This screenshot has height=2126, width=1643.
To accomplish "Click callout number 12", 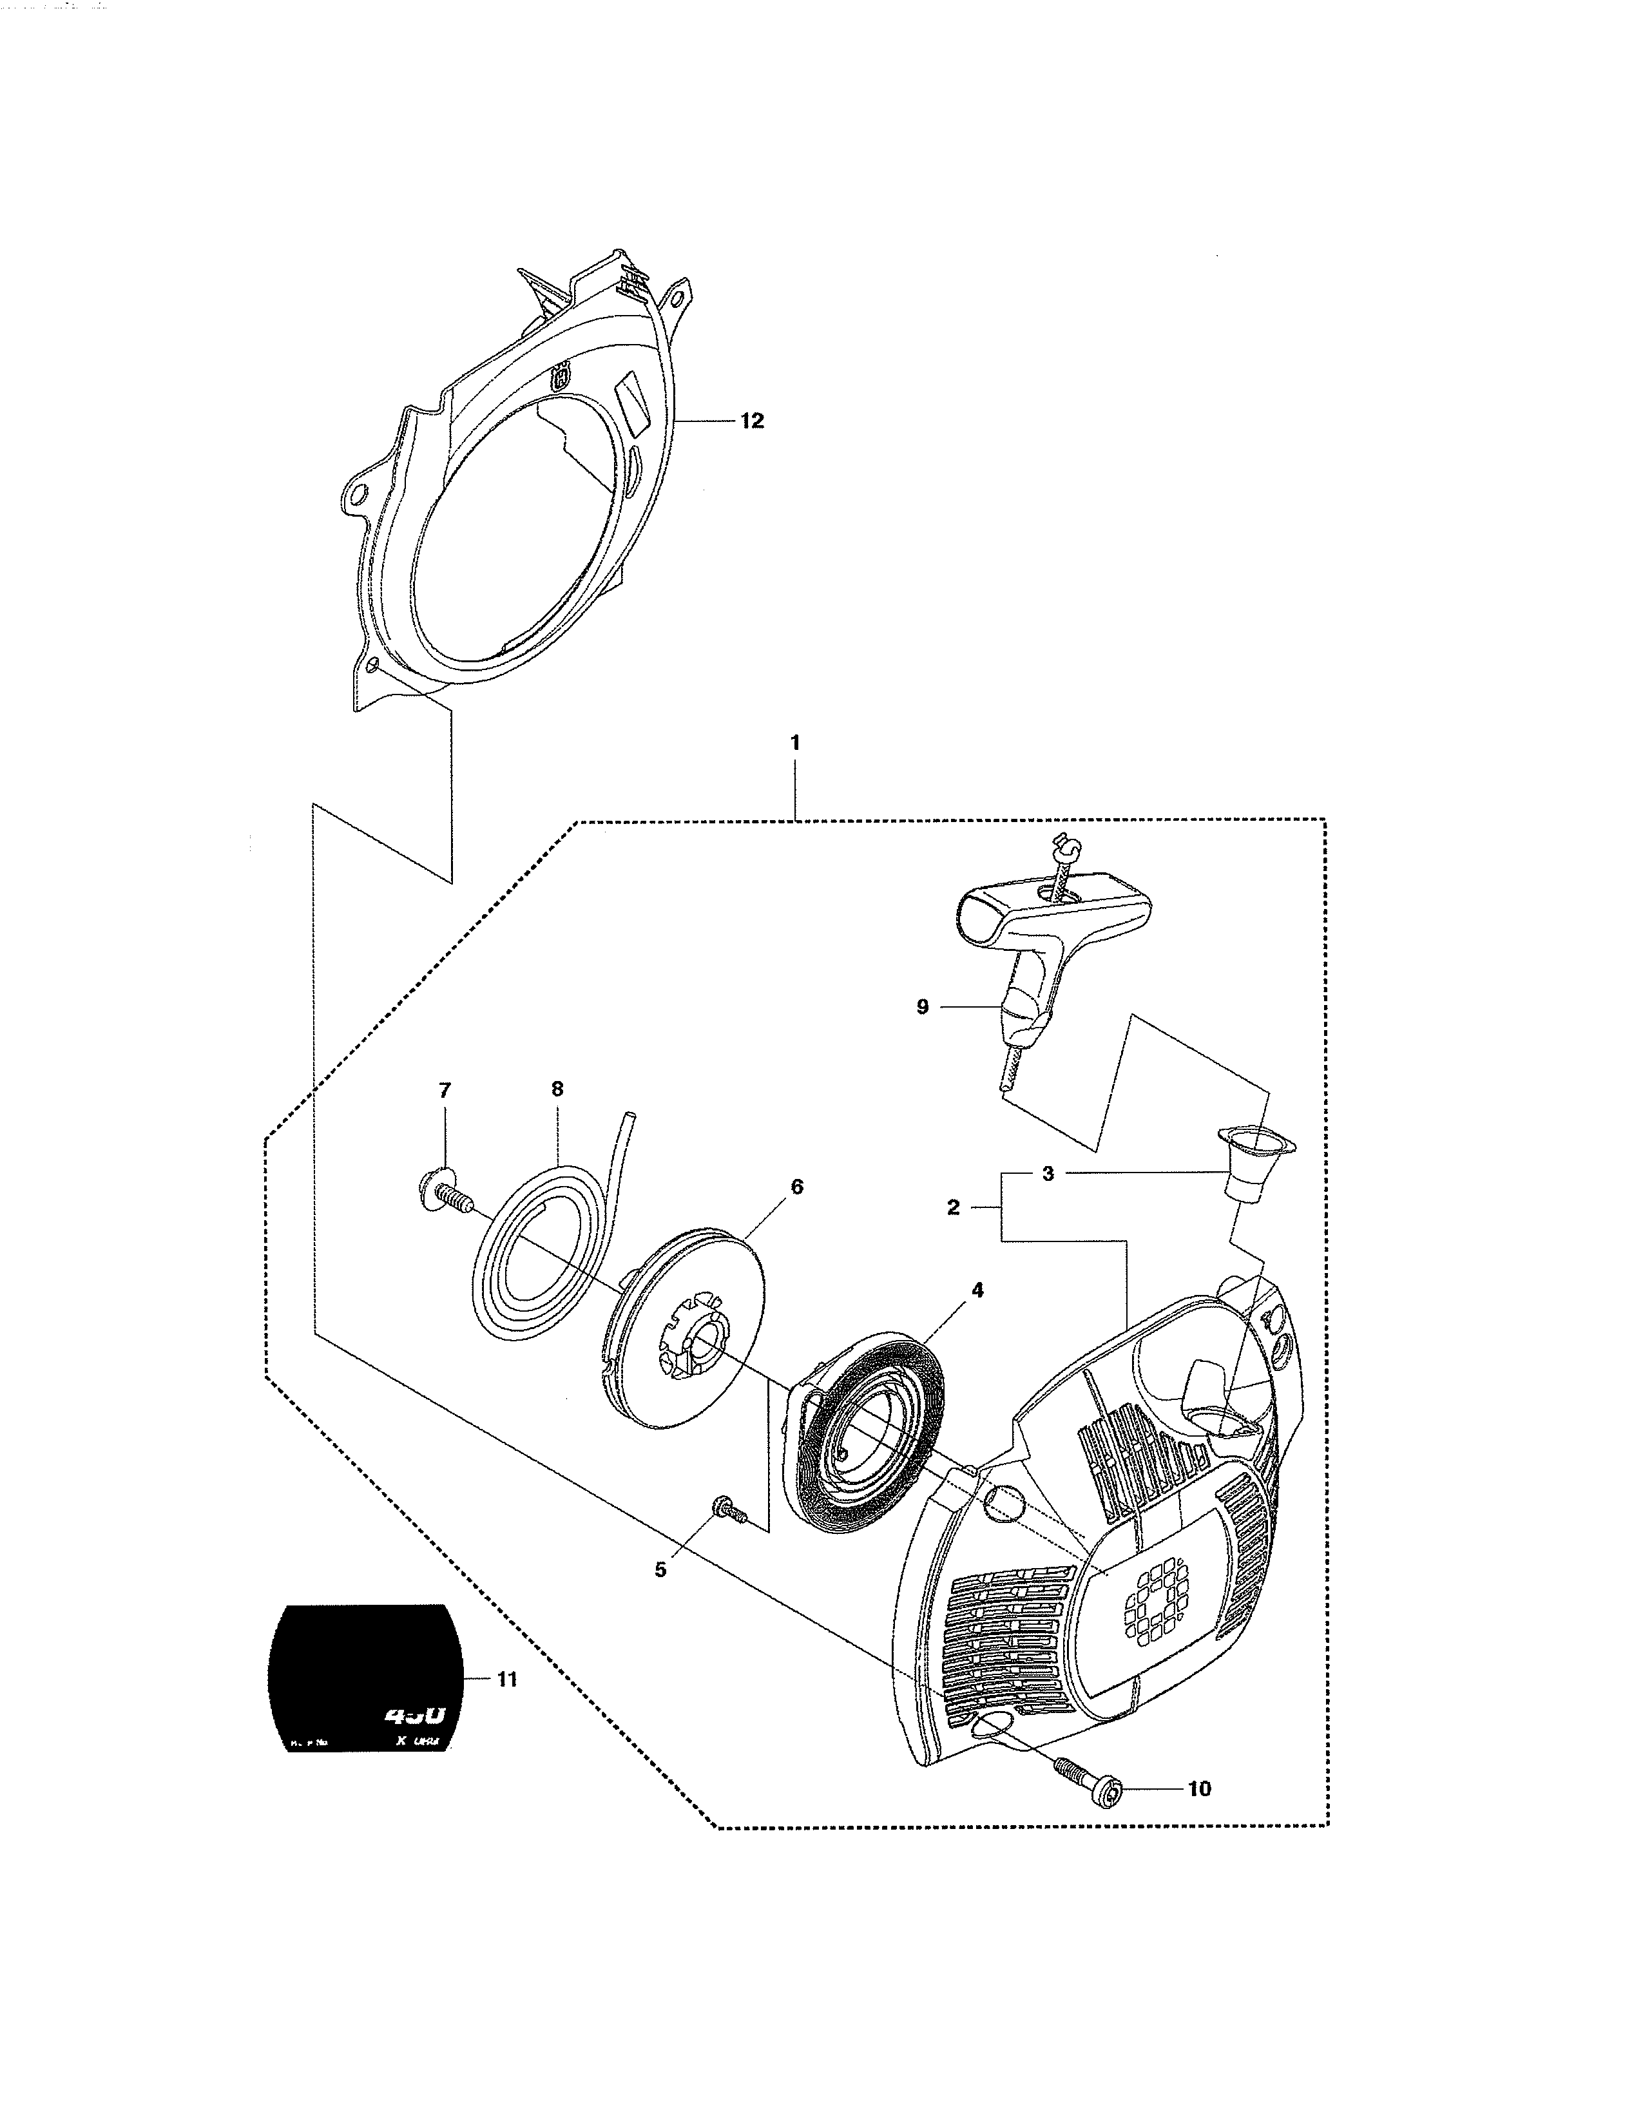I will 751,421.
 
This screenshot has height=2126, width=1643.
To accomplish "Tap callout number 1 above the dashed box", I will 795,743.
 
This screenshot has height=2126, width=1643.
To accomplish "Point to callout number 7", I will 445,1090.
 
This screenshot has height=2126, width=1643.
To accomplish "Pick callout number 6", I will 796,1187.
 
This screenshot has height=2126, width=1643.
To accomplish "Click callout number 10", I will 1199,1788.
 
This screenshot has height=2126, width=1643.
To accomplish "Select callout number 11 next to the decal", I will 507,1679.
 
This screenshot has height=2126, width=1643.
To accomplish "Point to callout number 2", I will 953,1207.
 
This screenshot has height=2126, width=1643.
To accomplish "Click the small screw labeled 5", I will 726,1509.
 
